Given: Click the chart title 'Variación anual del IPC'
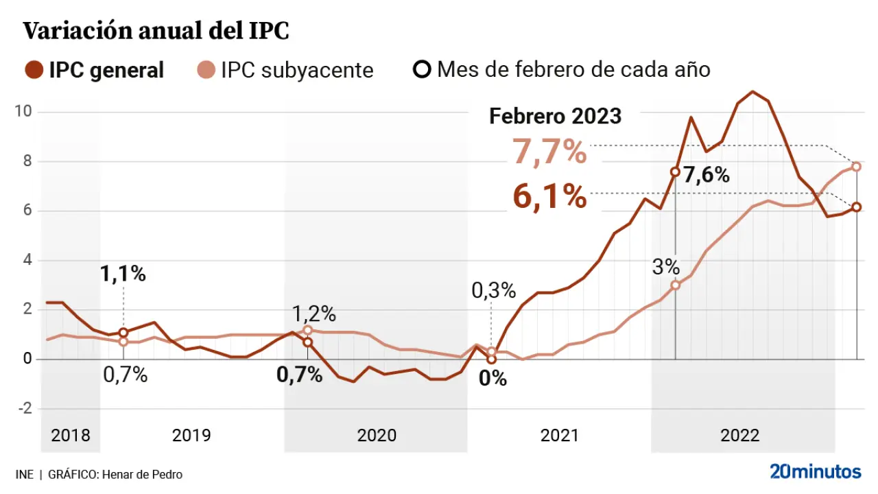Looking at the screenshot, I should pyautogui.click(x=156, y=31).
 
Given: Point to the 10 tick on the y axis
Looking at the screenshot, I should pyautogui.click(x=27, y=111).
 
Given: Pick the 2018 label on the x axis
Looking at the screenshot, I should pyautogui.click(x=71, y=436).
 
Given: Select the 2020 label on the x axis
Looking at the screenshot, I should pyautogui.click(x=377, y=436).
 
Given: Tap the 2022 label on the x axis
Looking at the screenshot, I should pyautogui.click(x=739, y=436).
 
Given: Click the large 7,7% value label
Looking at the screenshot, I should pyautogui.click(x=549, y=153).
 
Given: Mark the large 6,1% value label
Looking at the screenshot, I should pyautogui.click(x=549, y=198).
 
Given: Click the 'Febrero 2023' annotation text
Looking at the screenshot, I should pyautogui.click(x=555, y=116).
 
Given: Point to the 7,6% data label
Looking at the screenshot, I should pyautogui.click(x=707, y=175).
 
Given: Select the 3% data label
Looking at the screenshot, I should pyautogui.click(x=665, y=267).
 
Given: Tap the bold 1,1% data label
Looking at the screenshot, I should pyautogui.click(x=123, y=274).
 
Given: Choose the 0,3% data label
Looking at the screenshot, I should pyautogui.click(x=493, y=291).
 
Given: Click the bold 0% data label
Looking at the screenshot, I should pyautogui.click(x=493, y=378).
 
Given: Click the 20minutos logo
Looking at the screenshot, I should pyautogui.click(x=815, y=472).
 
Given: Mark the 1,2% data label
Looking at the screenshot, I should pyautogui.click(x=314, y=314).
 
